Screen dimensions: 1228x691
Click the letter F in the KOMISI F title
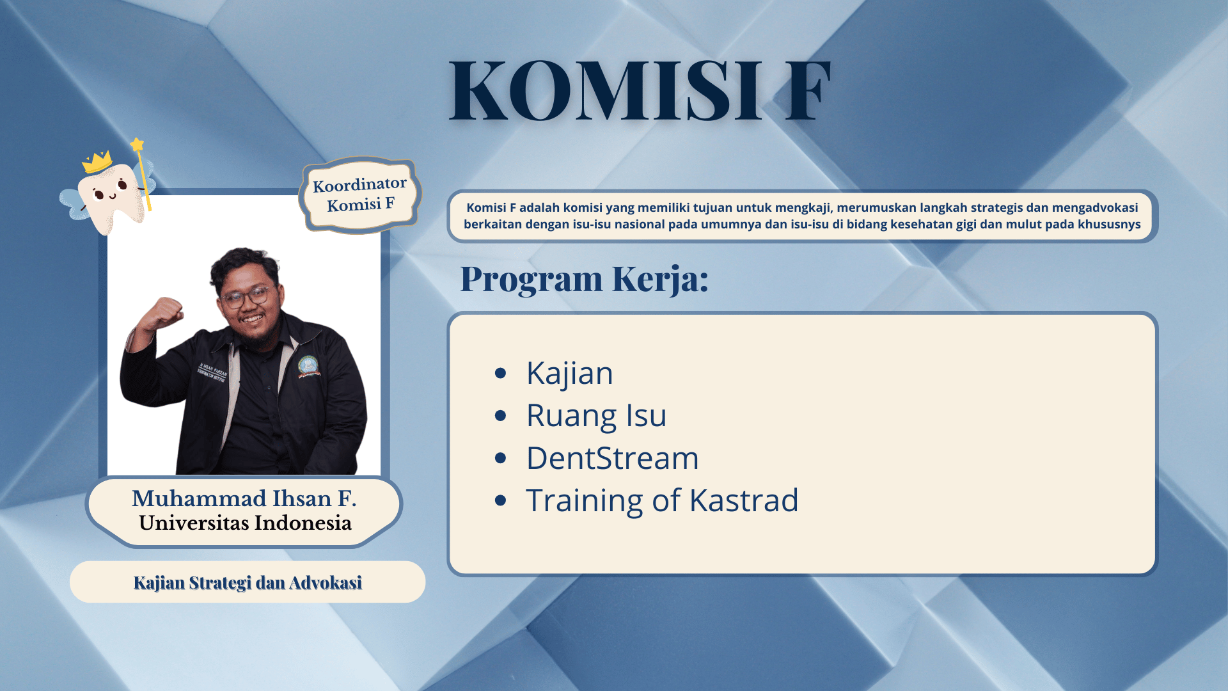(808, 90)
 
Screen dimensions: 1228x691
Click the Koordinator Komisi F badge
(360, 195)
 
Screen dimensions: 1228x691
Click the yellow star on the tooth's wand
(137, 145)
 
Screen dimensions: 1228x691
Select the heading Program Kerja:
(585, 279)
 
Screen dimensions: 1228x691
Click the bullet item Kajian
(569, 373)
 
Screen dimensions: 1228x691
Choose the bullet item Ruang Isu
(596, 416)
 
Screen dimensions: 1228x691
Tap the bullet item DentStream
(612, 458)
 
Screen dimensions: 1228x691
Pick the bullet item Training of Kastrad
(662, 500)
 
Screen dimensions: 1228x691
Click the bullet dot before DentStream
(501, 458)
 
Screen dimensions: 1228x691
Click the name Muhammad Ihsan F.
(244, 498)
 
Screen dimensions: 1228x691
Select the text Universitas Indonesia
(245, 523)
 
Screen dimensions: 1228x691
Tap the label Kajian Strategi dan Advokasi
(248, 583)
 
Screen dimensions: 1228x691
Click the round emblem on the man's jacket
(308, 366)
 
